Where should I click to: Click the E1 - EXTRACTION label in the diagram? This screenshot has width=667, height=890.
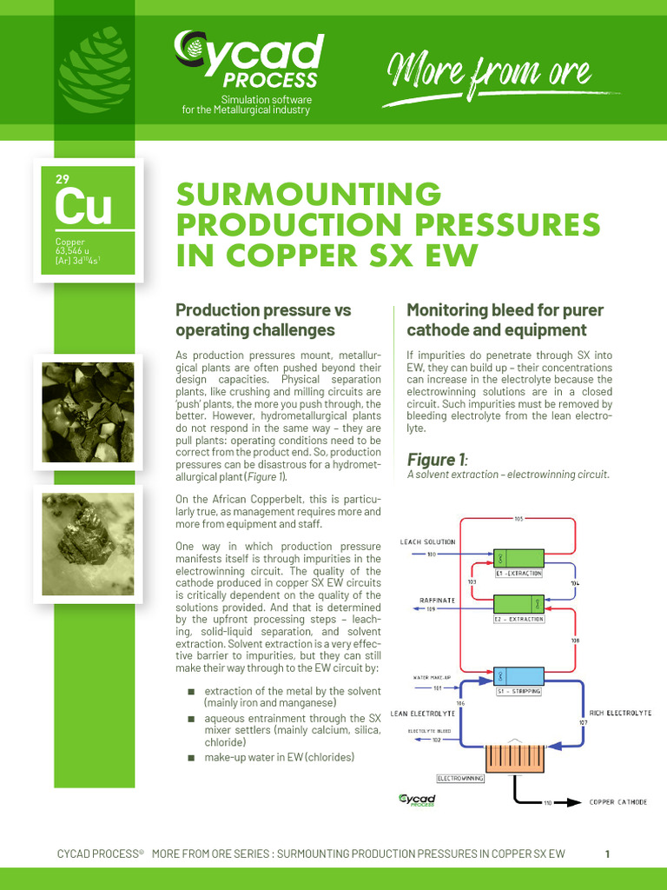pos(518,574)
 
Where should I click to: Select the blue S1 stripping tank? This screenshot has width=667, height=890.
pos(518,676)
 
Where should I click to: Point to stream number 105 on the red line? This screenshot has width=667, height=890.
pos(518,519)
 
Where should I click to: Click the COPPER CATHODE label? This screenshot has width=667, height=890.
pos(618,802)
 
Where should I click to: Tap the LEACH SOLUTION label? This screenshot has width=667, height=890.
pos(426,541)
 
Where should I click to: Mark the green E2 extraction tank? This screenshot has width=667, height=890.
pos(518,604)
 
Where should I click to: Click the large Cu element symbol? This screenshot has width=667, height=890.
pos(83,207)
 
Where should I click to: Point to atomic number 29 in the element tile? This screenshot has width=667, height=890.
pos(63,180)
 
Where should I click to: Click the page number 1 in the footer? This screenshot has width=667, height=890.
pos(608,853)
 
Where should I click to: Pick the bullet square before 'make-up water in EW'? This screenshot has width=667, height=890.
pos(191,758)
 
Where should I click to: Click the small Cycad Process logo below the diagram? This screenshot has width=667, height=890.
pos(416,800)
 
